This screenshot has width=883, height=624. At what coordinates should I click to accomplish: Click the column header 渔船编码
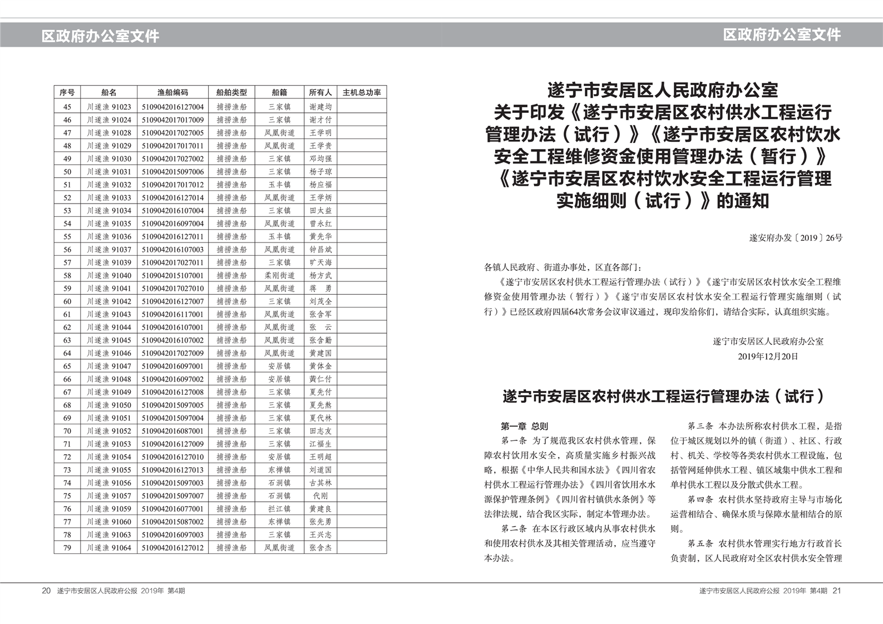point(172,92)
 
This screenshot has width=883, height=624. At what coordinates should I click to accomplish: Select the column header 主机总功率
point(362,92)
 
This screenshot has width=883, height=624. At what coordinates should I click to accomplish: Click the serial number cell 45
point(67,107)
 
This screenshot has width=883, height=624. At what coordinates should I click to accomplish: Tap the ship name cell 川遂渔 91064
point(109,548)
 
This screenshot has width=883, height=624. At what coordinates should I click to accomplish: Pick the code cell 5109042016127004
point(172,107)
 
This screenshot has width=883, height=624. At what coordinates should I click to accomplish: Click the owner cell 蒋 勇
point(320,289)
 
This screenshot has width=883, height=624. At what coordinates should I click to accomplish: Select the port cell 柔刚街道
point(279,275)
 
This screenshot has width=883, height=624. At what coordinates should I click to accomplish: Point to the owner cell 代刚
point(320,496)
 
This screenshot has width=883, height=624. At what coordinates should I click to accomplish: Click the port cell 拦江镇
point(279,509)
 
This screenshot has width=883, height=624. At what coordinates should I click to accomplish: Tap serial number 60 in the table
point(67,301)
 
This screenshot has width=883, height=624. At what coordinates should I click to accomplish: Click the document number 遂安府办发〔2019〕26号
point(796,238)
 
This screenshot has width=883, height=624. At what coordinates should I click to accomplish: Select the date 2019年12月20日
point(768,356)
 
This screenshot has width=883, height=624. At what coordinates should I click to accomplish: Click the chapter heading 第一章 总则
point(524,427)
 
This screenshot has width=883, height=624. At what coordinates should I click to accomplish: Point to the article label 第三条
point(700,427)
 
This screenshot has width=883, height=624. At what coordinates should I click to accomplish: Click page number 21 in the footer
point(837,591)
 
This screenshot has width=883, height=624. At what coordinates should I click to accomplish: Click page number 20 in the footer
point(46,591)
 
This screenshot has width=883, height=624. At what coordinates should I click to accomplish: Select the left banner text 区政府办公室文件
point(100,36)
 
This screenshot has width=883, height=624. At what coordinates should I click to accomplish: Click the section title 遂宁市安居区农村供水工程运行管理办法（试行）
point(663,397)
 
